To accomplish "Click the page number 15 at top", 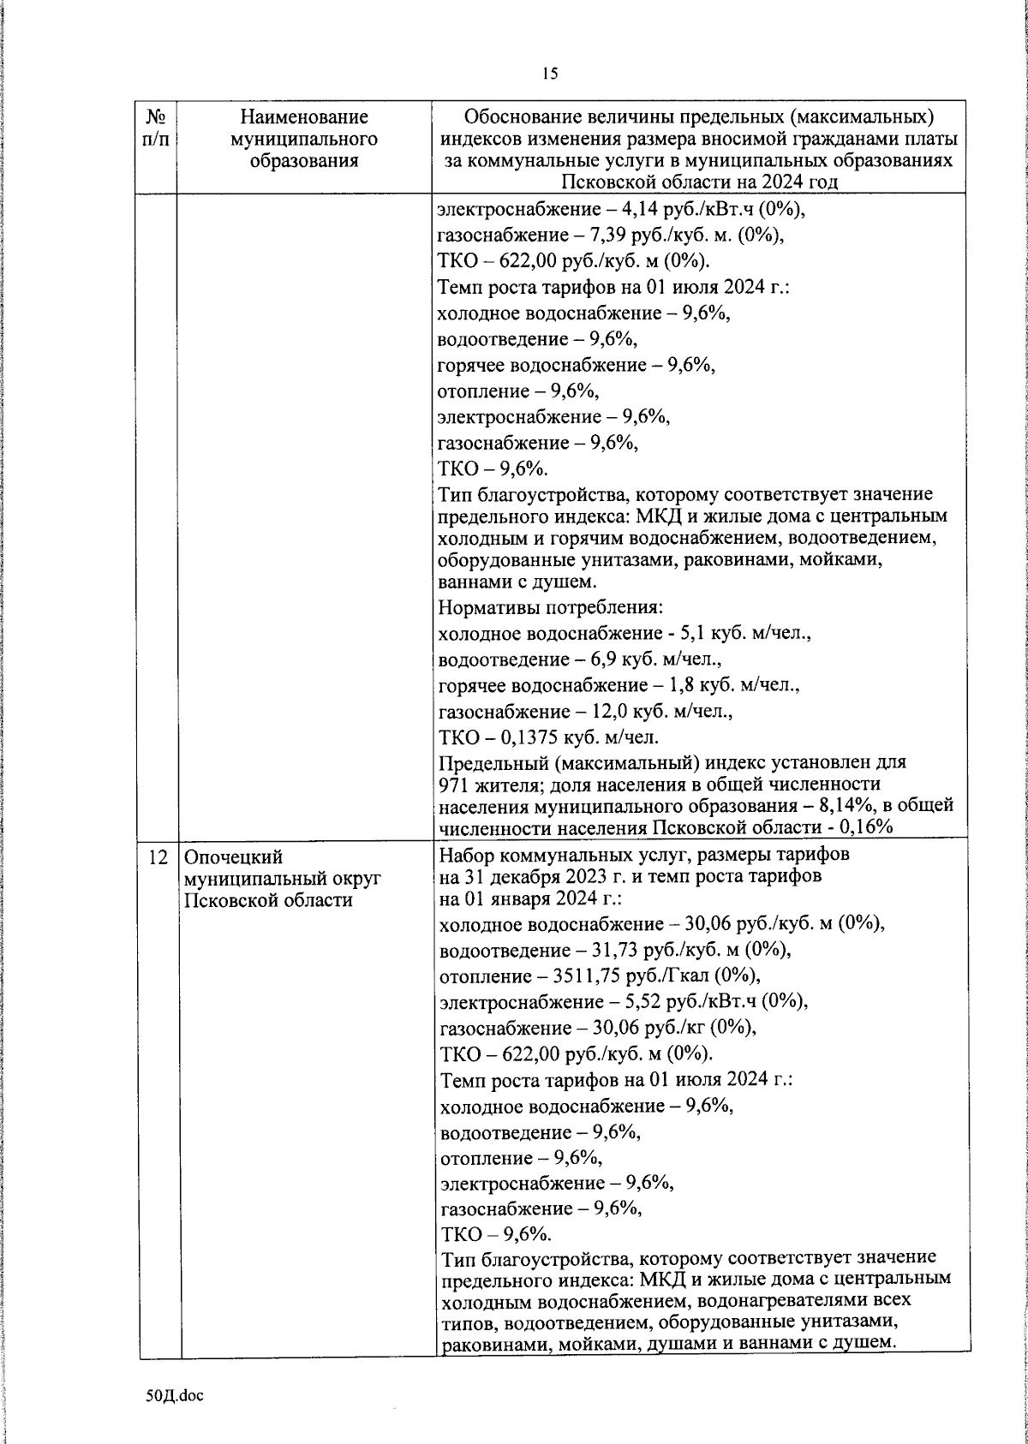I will tap(549, 74).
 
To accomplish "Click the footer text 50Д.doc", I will tap(175, 1395).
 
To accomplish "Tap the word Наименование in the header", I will tap(304, 116).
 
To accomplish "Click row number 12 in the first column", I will tap(157, 856).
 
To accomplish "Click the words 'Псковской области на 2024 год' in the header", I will tap(698, 181).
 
